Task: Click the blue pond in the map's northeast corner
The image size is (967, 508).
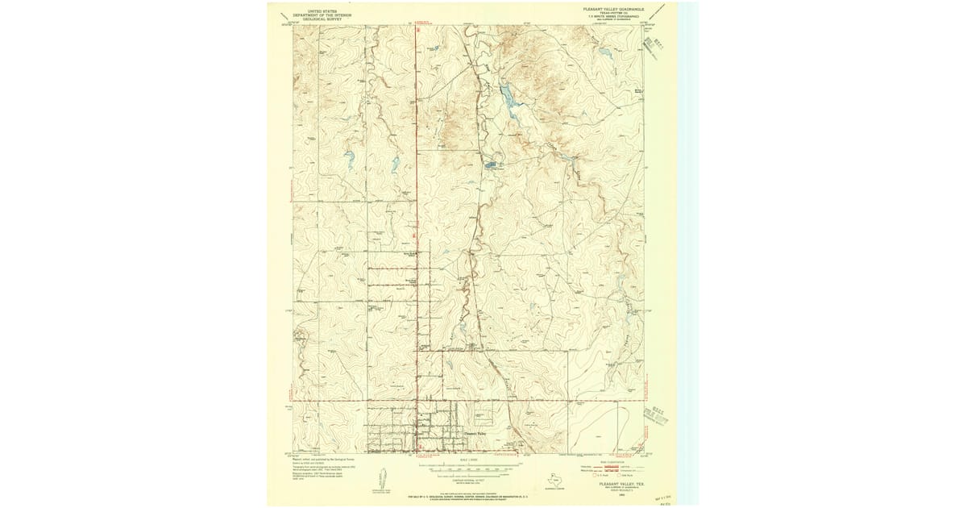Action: pyautogui.click(x=604, y=53)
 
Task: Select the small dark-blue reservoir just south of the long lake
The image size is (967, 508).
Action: pyautogui.click(x=492, y=165)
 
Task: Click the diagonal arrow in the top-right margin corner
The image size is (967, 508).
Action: pyautogui.click(x=659, y=11)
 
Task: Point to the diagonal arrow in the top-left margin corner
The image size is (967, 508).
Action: pyautogui.click(x=283, y=16)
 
